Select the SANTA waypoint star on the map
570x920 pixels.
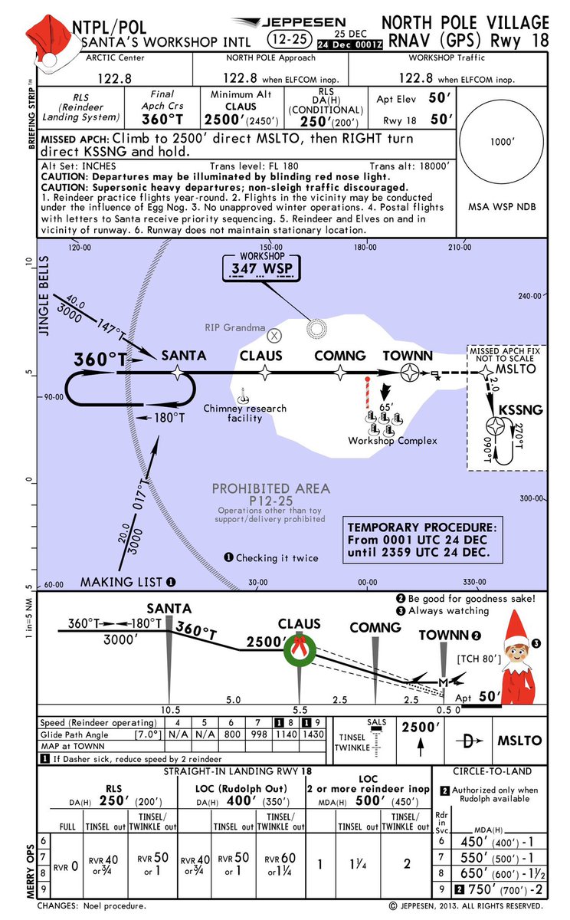click(179, 372)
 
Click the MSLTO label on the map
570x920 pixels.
click(519, 369)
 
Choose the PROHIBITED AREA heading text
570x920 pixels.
click(270, 488)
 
